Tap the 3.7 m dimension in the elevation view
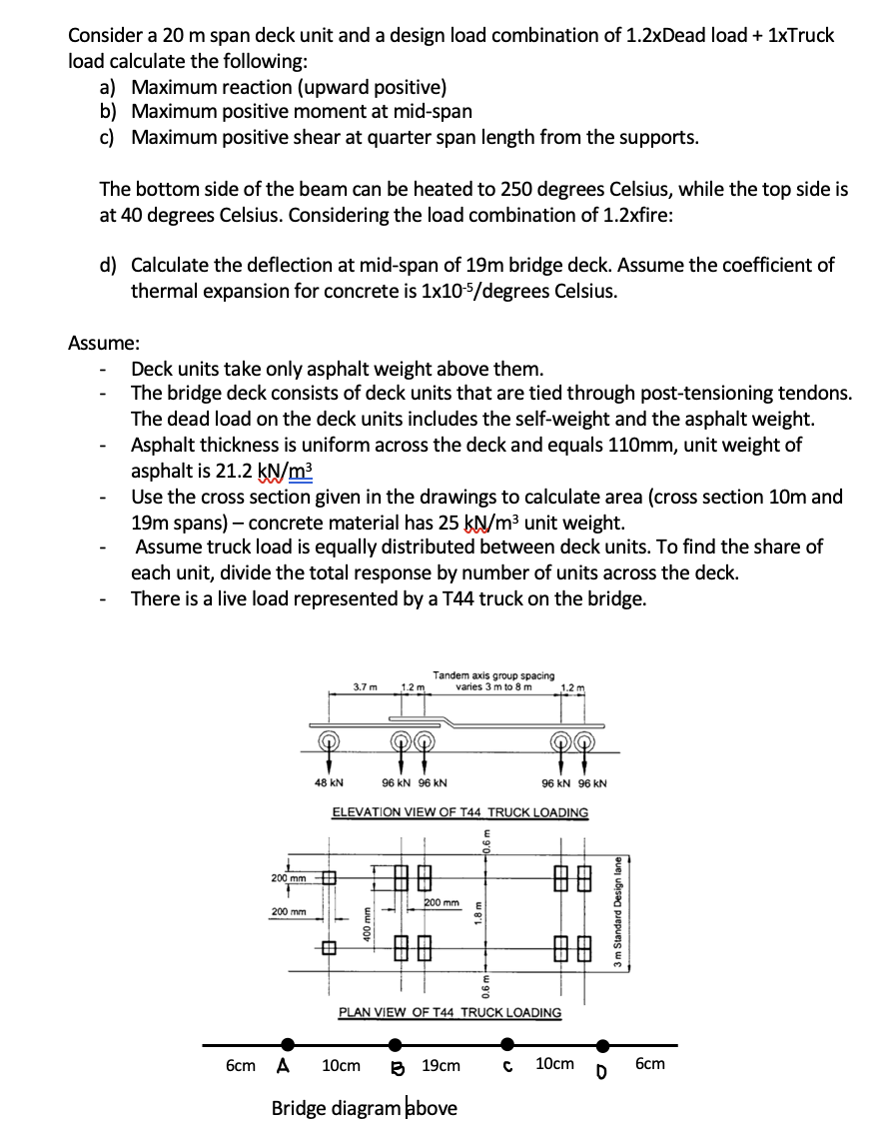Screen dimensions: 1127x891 pyautogui.click(x=365, y=686)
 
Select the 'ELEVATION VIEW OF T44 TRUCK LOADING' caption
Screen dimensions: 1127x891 pyautogui.click(x=459, y=813)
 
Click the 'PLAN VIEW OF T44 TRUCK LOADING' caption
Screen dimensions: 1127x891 pyautogui.click(x=449, y=1012)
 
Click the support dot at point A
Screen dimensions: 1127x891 pyautogui.click(x=288, y=1044)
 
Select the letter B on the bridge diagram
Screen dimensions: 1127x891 pyautogui.click(x=395, y=1066)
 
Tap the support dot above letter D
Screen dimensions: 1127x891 pyautogui.click(x=601, y=1045)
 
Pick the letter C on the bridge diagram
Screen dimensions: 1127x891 pyautogui.click(x=507, y=1065)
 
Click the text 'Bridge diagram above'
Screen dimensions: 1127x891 pyautogui.click(x=365, y=1107)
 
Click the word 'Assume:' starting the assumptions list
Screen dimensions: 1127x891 pyautogui.click(x=103, y=343)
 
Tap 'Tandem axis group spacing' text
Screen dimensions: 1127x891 pyautogui.click(x=494, y=676)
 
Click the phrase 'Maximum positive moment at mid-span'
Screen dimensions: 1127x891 pyautogui.click(x=303, y=111)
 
